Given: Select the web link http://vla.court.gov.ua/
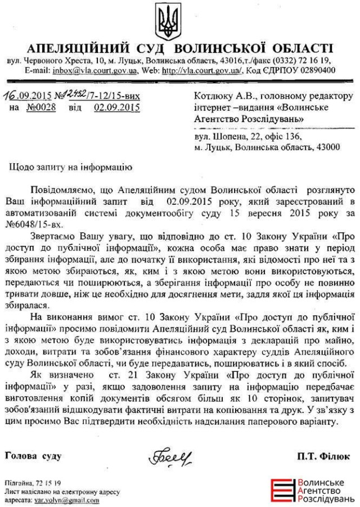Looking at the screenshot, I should tap(202, 71).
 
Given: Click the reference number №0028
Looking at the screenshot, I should tap(41, 108).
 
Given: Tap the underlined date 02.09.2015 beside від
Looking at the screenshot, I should tap(117, 108).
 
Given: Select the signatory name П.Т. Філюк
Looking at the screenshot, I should tap(325, 456).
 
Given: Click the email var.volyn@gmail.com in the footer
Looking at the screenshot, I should tap(62, 500).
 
